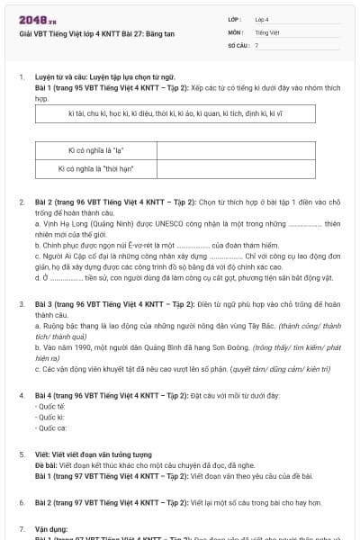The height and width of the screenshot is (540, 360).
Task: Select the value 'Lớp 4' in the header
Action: click(x=262, y=18)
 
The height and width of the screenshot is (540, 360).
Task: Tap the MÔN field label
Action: click(x=235, y=31)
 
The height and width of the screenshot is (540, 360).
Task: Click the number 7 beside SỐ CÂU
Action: click(x=256, y=44)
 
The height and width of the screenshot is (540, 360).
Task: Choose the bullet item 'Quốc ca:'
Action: click(x=48, y=427)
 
